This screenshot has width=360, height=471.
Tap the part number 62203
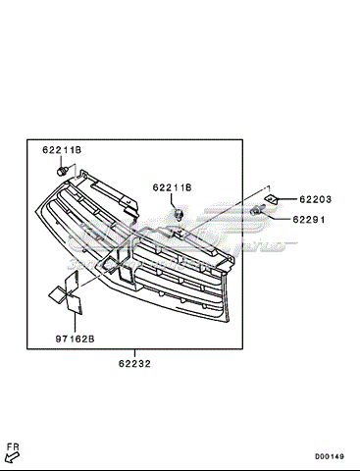316,199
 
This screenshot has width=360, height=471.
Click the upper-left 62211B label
61,150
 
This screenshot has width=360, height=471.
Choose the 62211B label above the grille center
172,186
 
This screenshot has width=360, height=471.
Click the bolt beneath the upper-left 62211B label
63,172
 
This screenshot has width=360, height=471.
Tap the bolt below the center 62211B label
179,213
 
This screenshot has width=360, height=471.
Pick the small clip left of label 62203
272,199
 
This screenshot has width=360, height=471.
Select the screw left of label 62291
256,211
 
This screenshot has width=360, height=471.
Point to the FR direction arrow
13,454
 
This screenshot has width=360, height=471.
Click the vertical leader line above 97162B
75,324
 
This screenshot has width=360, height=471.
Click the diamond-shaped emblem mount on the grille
123,271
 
